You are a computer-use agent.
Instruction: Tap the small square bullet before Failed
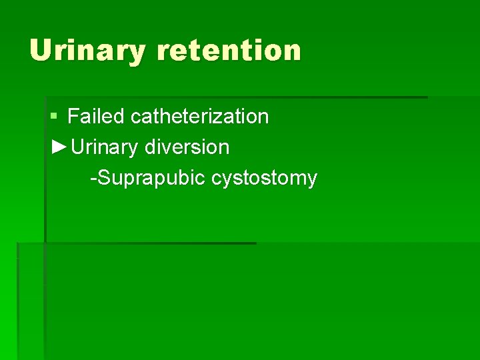(54, 117)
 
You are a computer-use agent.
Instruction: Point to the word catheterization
(199, 117)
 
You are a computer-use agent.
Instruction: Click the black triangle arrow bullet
(59, 147)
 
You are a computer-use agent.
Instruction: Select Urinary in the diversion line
(105, 147)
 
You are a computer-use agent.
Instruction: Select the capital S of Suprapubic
(103, 178)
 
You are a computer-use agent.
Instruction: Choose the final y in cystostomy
(311, 180)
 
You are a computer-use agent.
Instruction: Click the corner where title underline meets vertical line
(45, 97)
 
